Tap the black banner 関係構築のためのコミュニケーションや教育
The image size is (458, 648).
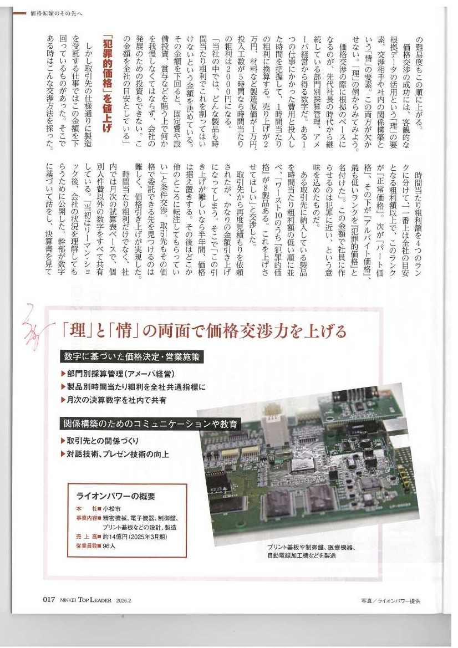[x=150, y=425]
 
